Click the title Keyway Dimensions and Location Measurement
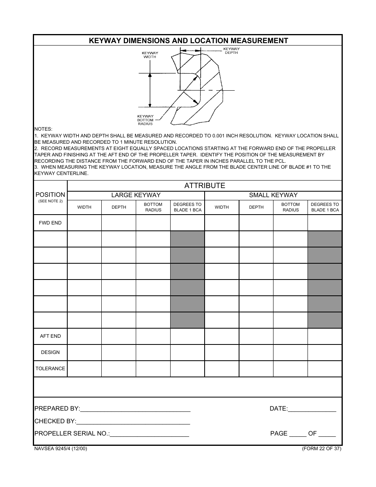coord(188,40)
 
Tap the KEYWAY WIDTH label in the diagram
coord(150,55)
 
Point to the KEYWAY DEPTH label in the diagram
coord(232,51)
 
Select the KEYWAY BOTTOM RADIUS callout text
coord(145,120)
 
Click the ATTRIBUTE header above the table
coord(205,185)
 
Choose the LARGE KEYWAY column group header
coord(136,195)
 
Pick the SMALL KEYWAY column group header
coord(273,195)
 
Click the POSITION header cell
coord(50,197)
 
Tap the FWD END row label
coord(50,223)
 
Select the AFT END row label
coord(50,336)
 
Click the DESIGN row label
coord(50,352)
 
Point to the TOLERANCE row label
coord(50,369)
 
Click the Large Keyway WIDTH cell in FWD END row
coord(84,223)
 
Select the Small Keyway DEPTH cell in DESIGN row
coord(256,352)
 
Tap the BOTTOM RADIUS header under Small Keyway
coord(291,207)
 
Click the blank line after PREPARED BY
coord(135,409)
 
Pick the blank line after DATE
coord(312,409)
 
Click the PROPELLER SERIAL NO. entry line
coord(149,434)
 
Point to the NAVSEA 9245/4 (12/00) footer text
coord(61,449)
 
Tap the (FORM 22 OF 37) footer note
coord(321,449)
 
